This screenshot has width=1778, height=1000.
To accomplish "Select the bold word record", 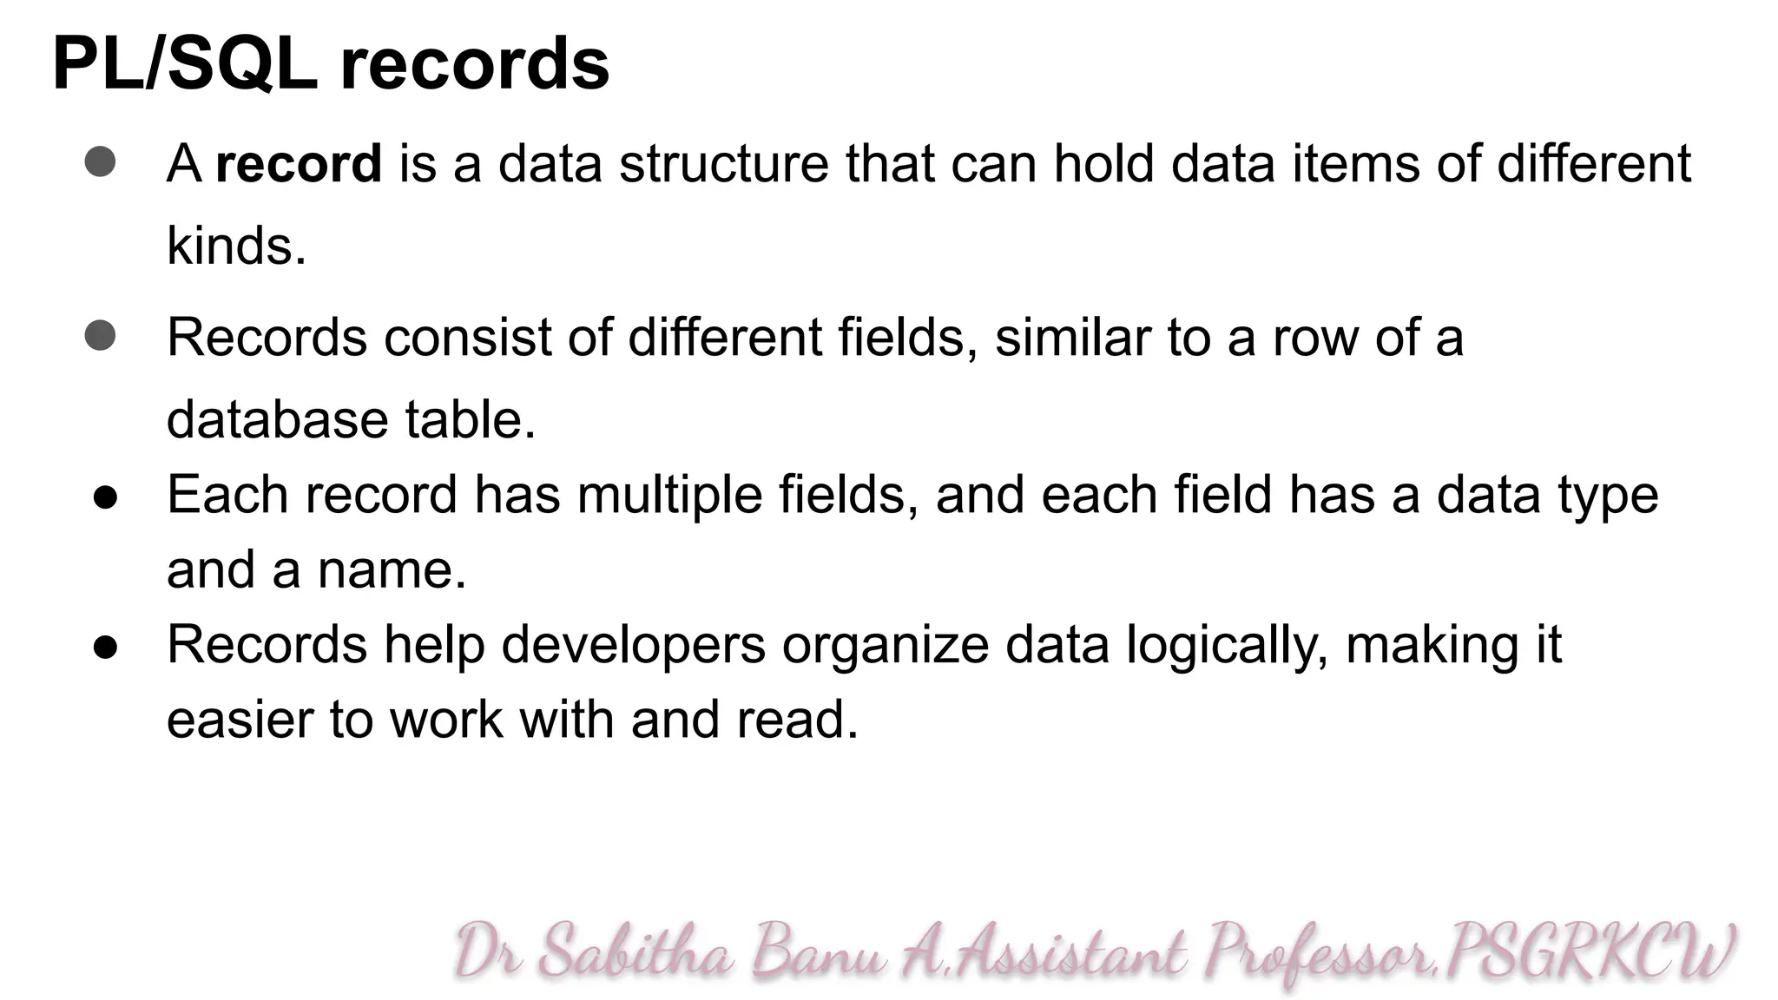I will [298, 163].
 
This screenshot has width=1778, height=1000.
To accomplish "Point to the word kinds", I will [235, 246].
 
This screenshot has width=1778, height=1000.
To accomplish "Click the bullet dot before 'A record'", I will [101, 162].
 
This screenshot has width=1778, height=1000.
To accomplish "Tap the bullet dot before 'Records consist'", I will [101, 336].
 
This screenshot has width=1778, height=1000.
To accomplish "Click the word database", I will [277, 419].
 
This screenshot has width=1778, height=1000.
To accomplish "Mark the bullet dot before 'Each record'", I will [105, 497].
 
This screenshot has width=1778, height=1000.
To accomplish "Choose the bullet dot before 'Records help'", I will [105, 648].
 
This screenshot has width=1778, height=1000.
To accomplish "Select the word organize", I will [885, 646].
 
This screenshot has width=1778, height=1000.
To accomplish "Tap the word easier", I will [240, 720].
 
